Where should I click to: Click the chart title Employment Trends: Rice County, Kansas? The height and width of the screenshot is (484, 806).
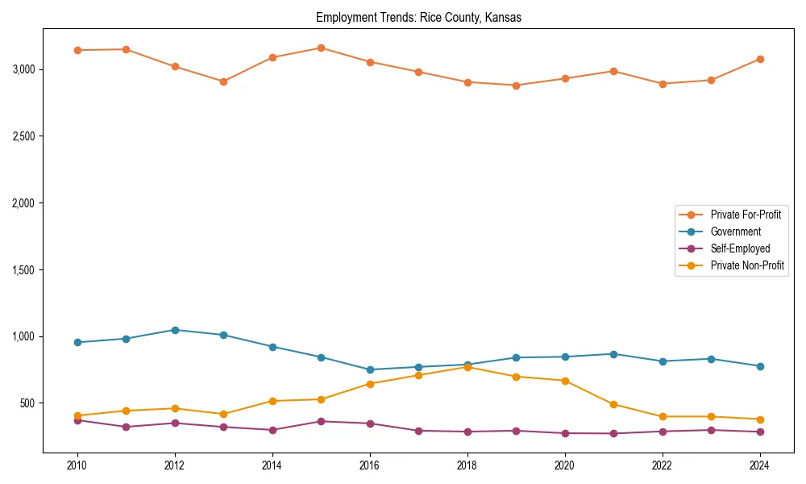[x=418, y=18]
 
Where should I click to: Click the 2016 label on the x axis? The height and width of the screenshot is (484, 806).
[x=369, y=465]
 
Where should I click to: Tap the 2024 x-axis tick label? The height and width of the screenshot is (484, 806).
[x=759, y=465]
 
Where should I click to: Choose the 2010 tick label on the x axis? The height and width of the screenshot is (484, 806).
[x=77, y=465]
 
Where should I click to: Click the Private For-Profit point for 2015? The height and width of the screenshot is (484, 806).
[x=321, y=48]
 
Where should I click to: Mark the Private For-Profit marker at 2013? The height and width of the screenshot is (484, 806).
[x=223, y=81]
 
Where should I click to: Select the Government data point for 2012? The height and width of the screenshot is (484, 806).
[x=175, y=330]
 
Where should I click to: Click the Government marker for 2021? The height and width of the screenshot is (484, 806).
[x=613, y=354]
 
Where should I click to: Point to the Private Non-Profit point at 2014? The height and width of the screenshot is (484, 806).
[x=272, y=401]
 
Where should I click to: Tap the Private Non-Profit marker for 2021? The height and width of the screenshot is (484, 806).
[x=613, y=405]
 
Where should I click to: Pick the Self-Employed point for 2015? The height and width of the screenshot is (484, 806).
[x=321, y=421]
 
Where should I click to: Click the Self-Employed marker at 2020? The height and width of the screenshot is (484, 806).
[x=564, y=433]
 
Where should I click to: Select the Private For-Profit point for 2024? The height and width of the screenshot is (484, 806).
[x=759, y=59]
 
